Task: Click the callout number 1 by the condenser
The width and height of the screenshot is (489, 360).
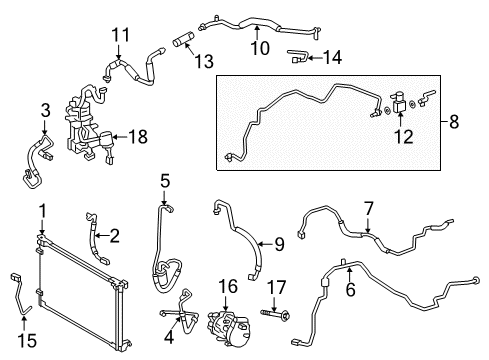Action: point(41,210)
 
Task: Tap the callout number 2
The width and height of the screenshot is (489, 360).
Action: point(114,237)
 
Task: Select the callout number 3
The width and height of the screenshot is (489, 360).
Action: point(44,109)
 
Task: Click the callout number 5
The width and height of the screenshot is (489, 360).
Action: point(165,182)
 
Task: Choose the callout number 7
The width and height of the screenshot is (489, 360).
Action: point(369,208)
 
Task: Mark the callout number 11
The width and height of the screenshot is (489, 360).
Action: point(120,36)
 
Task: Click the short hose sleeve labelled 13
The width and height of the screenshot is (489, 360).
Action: point(180,42)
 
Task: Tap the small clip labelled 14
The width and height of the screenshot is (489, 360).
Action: point(299,54)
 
